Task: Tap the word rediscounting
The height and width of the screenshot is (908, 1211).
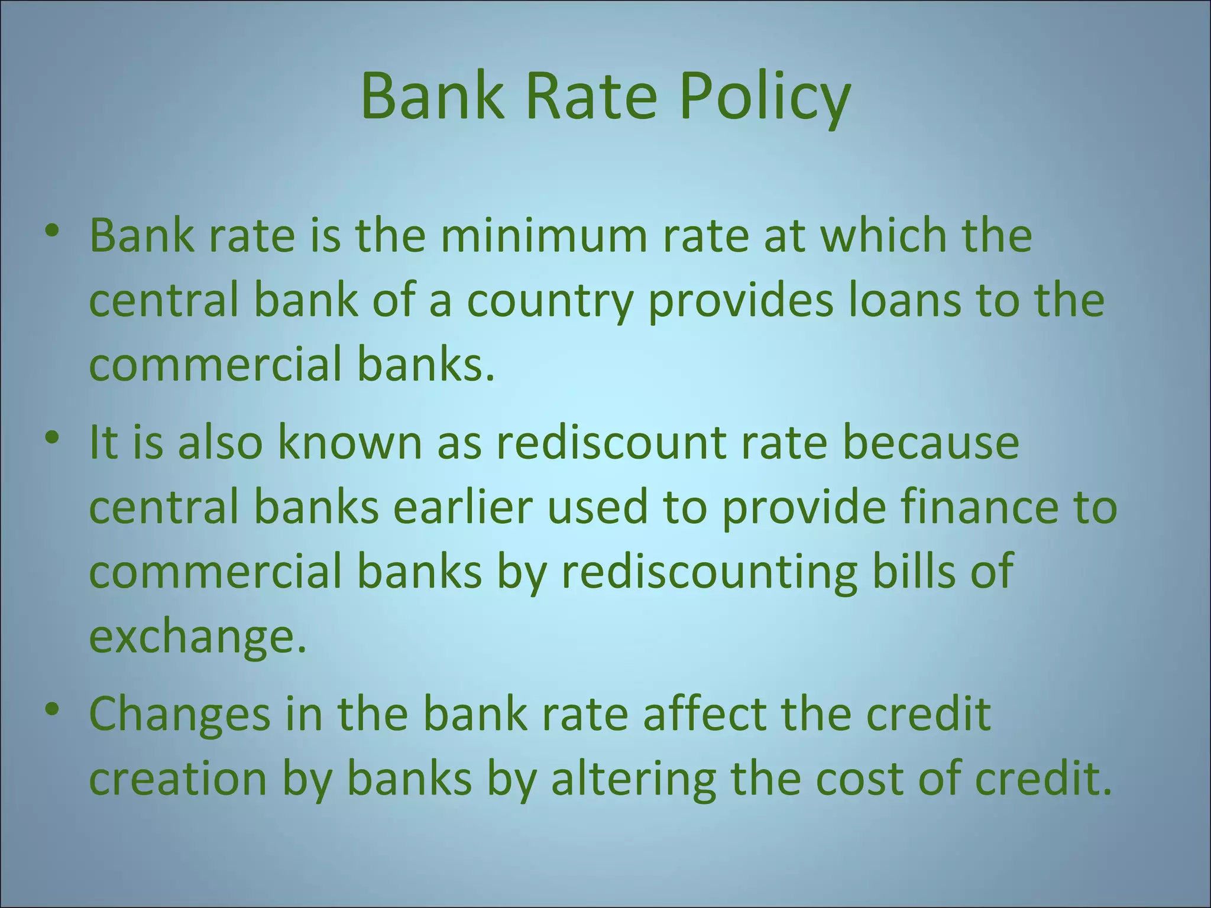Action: pyautogui.click(x=709, y=573)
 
